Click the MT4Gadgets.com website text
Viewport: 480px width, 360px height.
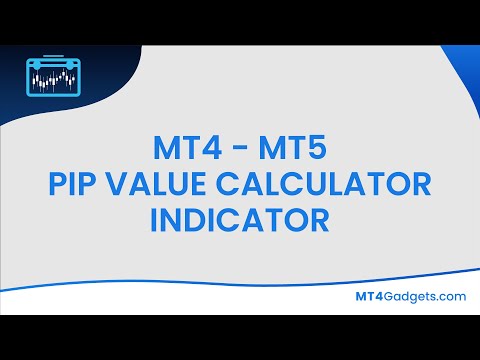pos(412,296)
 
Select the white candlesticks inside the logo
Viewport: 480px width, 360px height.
pos(51,79)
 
